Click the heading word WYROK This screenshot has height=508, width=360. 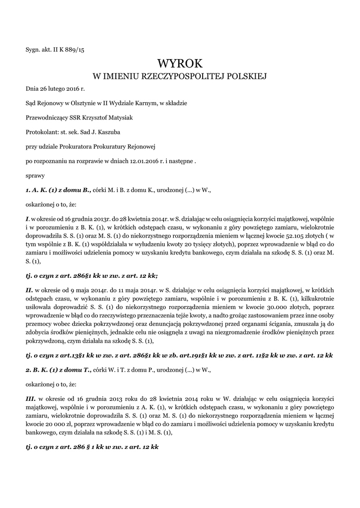click(180, 63)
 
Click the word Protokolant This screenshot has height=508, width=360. click(42, 132)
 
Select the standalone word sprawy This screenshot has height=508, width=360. click(35, 175)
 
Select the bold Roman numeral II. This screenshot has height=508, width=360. click(29, 288)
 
